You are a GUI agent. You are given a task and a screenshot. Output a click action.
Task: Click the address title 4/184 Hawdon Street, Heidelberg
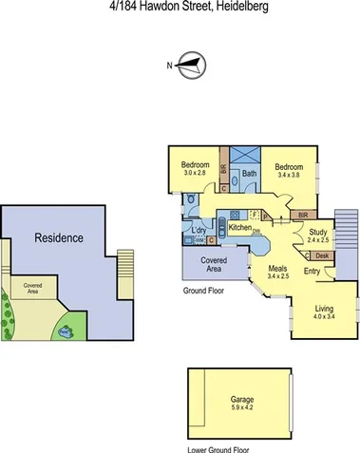pyautogui.click(x=180, y=8)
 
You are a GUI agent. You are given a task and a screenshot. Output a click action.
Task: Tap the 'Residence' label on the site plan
pyautogui.click(x=58, y=237)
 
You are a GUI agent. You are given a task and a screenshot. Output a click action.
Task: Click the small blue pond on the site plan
pyautogui.click(x=66, y=331)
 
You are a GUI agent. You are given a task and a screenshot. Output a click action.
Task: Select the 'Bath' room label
pyautogui.click(x=249, y=174)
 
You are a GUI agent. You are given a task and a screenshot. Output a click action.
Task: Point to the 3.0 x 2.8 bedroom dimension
pyautogui.click(x=195, y=173)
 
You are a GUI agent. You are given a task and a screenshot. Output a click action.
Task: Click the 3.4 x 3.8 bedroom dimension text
pyautogui.click(x=290, y=175)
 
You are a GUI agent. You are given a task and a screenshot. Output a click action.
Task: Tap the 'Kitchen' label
pyautogui.click(x=239, y=228)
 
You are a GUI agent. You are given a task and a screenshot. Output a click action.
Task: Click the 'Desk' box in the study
pyautogui.click(x=321, y=255)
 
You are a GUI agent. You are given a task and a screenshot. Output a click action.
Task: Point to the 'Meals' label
pyautogui.click(x=277, y=268)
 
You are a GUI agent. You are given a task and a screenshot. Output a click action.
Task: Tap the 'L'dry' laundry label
pyautogui.click(x=199, y=231)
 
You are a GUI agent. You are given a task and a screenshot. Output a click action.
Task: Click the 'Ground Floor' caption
pyautogui.click(x=203, y=292)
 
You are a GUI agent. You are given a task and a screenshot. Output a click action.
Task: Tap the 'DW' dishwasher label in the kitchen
pyautogui.click(x=256, y=233)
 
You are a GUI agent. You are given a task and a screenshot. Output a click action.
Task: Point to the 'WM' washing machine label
pyautogui.click(x=199, y=240)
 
